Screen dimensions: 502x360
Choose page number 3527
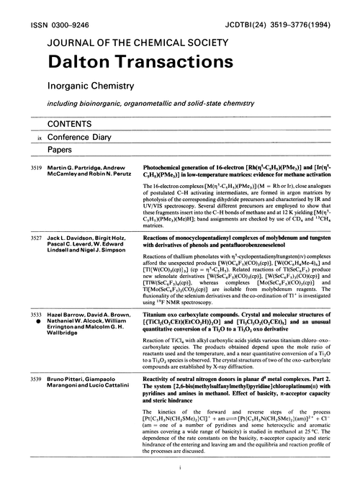click(x=26, y=236)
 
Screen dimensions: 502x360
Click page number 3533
click(x=26, y=315)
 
